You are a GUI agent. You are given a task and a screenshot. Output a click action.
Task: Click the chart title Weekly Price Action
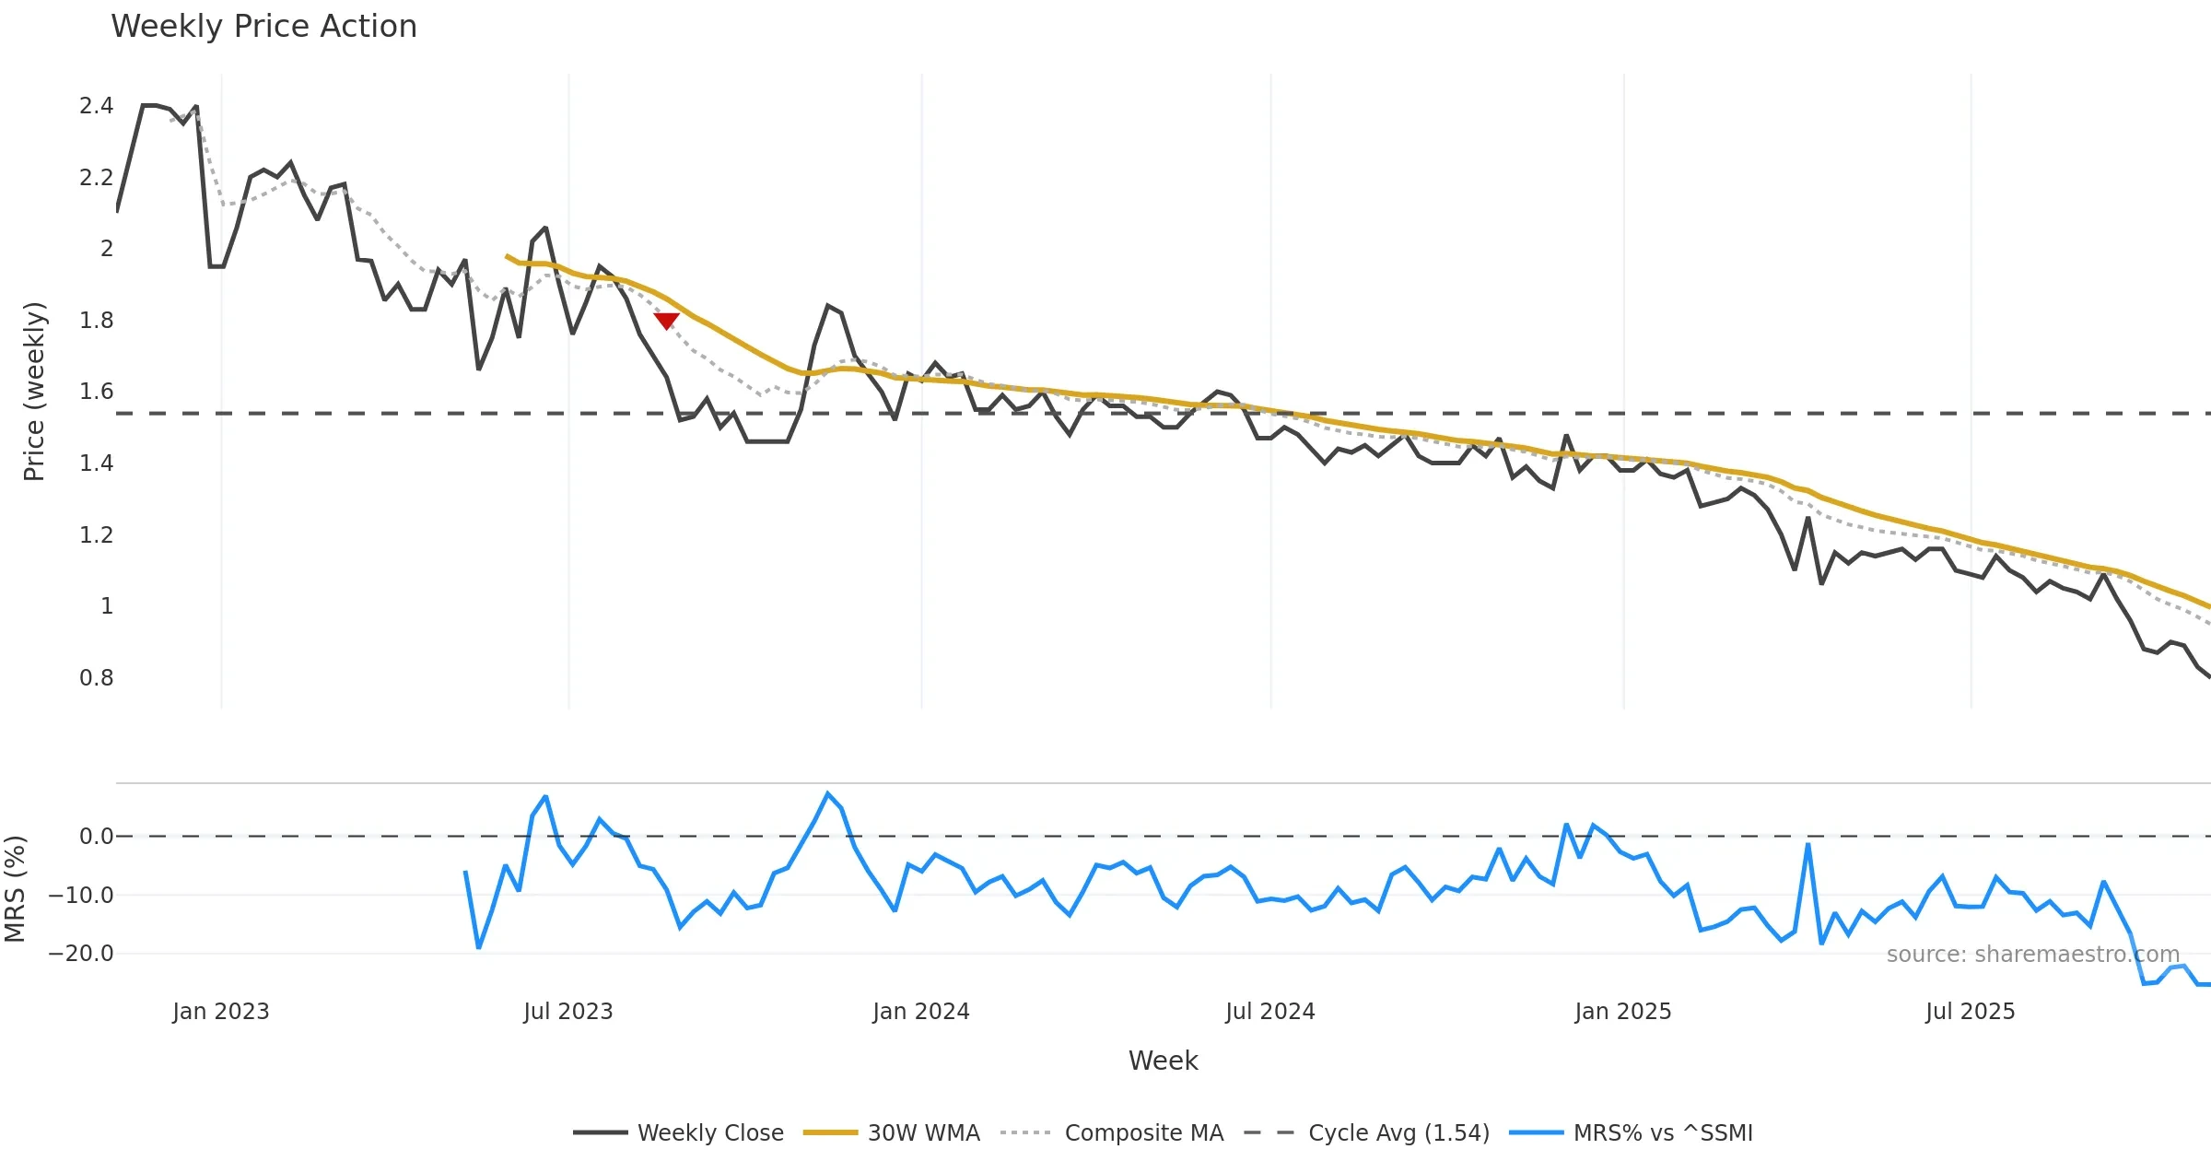point(263,27)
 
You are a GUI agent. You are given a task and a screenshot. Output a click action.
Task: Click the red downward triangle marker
point(666,321)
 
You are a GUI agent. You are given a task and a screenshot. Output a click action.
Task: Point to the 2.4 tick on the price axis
point(96,106)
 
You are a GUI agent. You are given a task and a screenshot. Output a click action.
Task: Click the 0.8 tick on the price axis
point(96,678)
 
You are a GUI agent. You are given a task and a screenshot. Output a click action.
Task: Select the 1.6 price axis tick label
point(96,392)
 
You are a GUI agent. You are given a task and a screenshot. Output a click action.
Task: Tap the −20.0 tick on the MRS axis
point(81,954)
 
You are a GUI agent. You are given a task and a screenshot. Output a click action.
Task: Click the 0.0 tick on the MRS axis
point(96,837)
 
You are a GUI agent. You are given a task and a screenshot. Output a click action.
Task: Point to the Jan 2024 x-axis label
point(921,1012)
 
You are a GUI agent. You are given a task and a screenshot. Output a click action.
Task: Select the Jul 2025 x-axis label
point(1970,1012)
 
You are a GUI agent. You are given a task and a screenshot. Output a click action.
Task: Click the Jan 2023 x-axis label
point(221,1012)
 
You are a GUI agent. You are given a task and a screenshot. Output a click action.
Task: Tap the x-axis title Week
point(1163,1061)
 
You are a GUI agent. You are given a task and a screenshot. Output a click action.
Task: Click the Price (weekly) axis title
point(34,392)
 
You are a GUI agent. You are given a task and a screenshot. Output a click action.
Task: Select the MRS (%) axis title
point(16,889)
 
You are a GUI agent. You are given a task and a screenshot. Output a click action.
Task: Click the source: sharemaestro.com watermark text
point(2032,954)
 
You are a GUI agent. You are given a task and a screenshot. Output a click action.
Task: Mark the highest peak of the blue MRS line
point(827,793)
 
